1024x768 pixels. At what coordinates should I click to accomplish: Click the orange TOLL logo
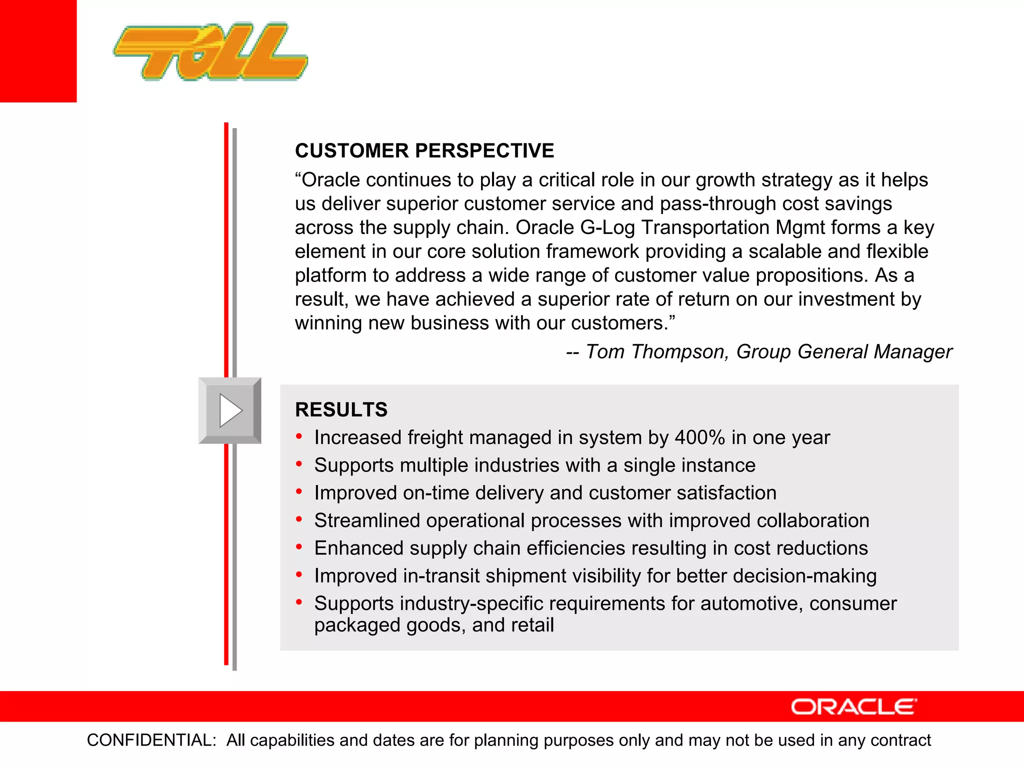coord(210,51)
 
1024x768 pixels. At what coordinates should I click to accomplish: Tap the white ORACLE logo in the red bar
coord(853,707)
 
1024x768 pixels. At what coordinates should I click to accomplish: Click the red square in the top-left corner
coord(38,50)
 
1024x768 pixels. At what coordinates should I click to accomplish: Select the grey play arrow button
coord(230,410)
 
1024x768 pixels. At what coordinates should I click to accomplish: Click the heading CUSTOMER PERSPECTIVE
coord(424,150)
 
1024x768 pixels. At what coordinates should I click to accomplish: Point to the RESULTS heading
coord(341,409)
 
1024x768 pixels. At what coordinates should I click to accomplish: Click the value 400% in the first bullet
coord(699,437)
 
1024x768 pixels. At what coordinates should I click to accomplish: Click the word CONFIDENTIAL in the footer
coord(151,740)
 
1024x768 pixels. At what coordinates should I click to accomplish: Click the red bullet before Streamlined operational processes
coord(299,519)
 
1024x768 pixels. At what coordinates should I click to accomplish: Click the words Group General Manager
coord(844,351)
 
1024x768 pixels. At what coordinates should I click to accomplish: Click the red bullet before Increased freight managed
coord(299,436)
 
